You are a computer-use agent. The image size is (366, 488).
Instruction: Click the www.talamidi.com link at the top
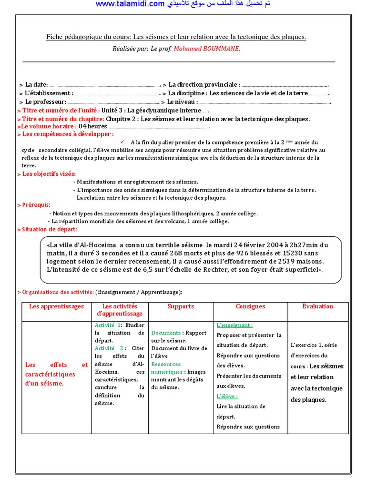point(130,4)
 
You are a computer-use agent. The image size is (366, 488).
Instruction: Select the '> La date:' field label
point(33,84)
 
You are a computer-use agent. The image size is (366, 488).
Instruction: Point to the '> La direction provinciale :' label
point(201,84)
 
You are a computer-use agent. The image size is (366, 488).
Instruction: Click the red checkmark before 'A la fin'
point(122,142)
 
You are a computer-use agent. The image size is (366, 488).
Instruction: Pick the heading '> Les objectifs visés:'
point(46,174)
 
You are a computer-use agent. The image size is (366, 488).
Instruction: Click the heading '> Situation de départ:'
point(47,230)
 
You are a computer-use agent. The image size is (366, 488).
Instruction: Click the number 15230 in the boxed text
point(301,253)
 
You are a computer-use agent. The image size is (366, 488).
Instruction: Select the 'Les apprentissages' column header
point(56,306)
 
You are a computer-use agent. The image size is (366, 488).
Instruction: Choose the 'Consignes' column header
point(250,306)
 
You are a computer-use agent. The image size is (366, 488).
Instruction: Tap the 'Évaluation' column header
point(317,306)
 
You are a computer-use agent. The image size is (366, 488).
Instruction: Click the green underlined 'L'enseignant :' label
point(234,325)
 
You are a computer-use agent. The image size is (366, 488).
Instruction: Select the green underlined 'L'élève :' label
point(227,396)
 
